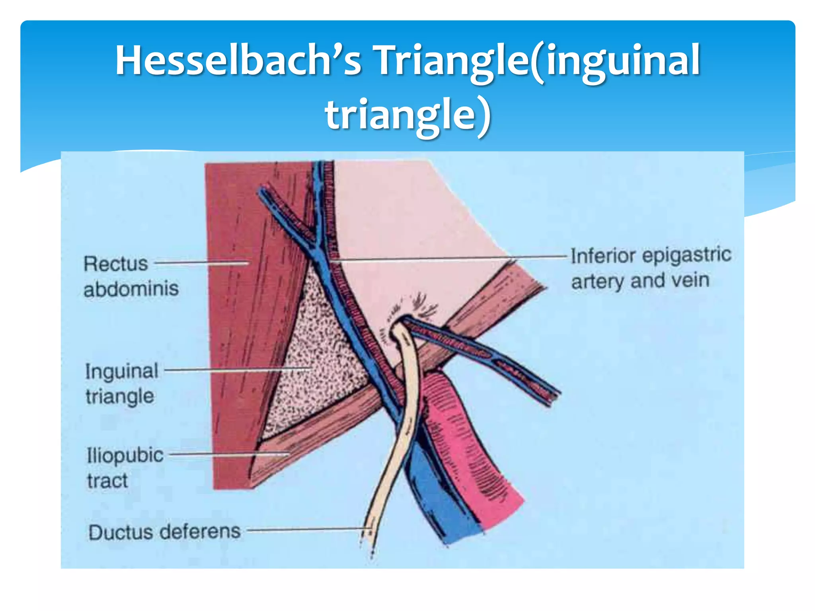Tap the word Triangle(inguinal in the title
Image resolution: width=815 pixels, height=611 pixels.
[537, 60]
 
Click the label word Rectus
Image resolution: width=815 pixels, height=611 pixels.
[116, 264]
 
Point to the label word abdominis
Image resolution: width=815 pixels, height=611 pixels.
[131, 289]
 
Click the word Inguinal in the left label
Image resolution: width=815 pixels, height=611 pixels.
[122, 371]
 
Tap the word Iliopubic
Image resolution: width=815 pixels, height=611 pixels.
[125, 455]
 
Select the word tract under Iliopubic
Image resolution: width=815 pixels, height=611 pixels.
[107, 481]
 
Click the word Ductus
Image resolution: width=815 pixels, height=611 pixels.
[121, 532]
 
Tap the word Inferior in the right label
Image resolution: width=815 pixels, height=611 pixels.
[599, 256]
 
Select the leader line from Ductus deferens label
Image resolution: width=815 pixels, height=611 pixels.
[306, 529]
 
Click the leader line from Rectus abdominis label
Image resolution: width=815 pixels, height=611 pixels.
[201, 263]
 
